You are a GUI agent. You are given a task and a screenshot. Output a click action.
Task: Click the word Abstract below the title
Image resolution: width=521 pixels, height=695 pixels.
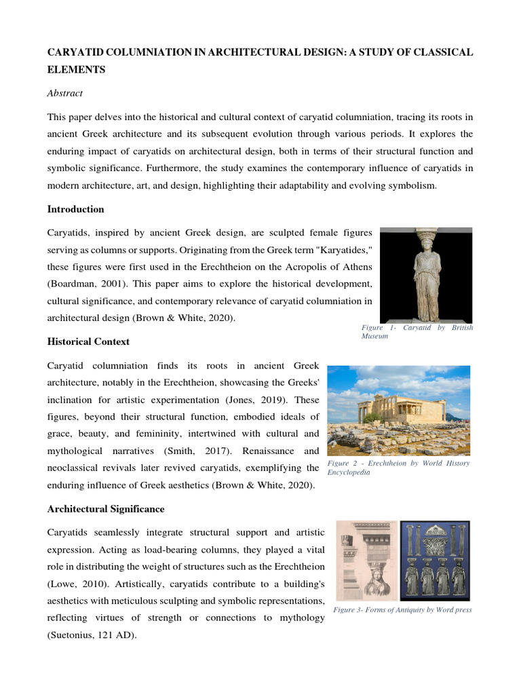64,94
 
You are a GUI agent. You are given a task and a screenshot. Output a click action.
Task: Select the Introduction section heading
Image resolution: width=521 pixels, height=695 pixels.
75,209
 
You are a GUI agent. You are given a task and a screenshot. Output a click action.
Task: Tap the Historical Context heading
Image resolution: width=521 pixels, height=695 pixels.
88,341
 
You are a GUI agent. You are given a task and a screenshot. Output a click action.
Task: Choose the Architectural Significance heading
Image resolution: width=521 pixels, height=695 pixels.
106,508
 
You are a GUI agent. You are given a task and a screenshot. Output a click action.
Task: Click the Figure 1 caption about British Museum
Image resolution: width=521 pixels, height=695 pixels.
417,332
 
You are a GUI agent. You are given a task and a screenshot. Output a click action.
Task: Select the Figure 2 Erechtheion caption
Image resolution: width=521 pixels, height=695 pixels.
398,468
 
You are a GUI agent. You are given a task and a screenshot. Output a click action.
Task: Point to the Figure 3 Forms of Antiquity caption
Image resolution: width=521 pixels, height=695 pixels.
402,609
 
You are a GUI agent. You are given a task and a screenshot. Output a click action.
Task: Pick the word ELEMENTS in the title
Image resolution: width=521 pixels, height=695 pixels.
75,69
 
